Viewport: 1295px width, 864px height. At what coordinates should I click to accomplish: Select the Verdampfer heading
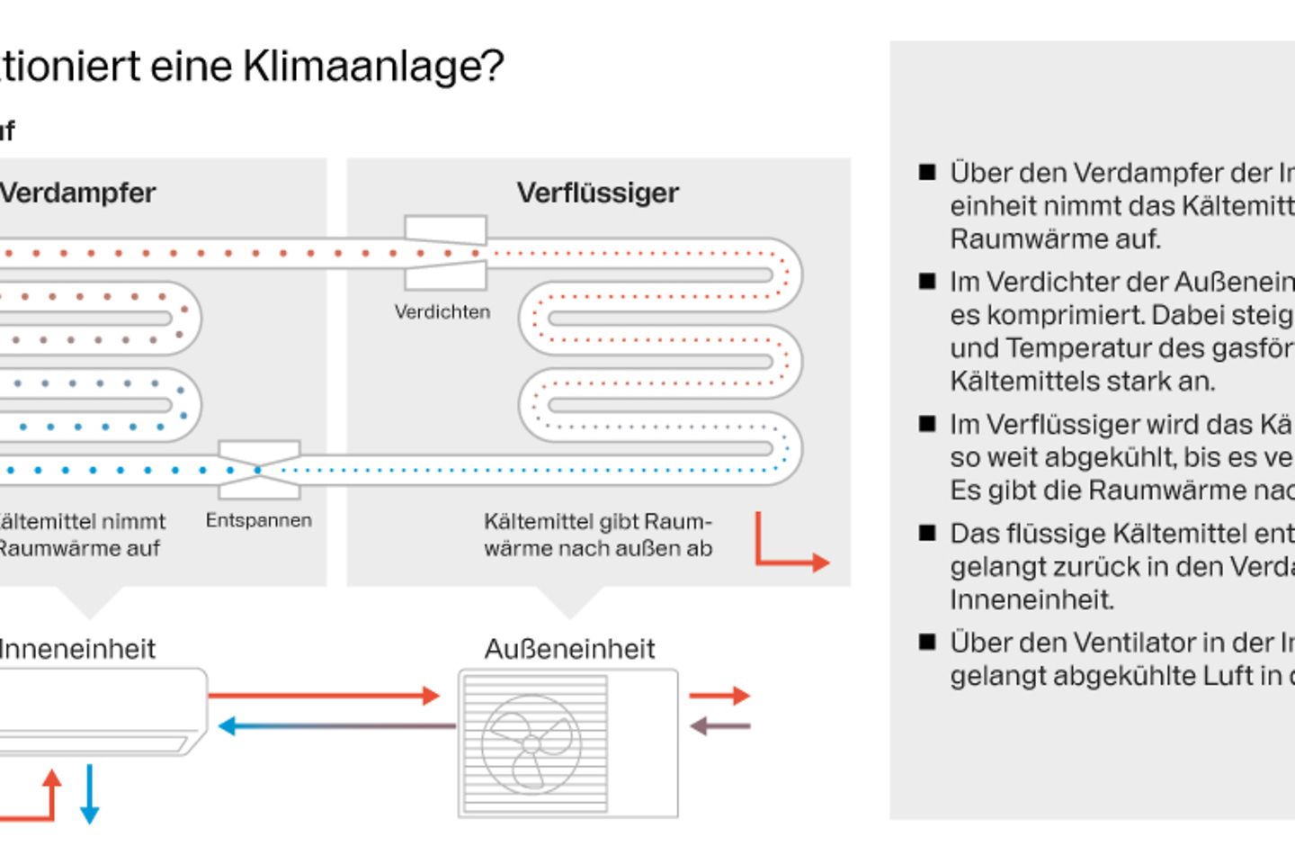point(77,193)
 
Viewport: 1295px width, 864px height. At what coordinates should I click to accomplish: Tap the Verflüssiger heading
point(597,193)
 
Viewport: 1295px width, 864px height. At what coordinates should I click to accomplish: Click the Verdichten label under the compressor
point(442,312)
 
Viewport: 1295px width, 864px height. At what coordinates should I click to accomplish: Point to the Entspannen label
point(259,520)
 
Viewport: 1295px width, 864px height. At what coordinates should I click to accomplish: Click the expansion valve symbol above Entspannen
point(259,469)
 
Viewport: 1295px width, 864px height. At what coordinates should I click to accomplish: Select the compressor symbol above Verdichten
point(445,253)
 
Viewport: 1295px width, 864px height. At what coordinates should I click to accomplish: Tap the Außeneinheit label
point(569,649)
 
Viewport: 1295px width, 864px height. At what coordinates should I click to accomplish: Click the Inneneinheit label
point(77,649)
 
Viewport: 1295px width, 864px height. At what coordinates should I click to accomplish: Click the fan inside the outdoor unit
point(531,743)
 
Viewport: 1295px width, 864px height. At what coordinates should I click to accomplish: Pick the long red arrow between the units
point(324,695)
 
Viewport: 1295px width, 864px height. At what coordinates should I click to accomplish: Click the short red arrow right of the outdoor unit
point(719,695)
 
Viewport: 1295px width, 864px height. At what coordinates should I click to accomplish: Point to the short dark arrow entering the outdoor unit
point(719,725)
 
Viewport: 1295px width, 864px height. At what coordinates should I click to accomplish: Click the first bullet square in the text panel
point(927,172)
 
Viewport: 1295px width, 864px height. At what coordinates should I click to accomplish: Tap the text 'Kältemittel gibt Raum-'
point(597,522)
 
